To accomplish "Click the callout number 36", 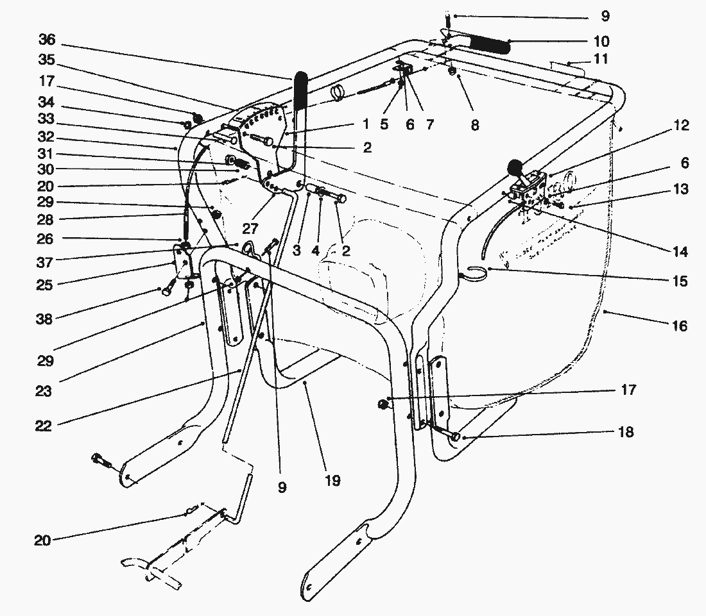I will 47,40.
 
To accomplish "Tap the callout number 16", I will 679,326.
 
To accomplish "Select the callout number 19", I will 332,480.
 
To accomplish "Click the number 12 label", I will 681,126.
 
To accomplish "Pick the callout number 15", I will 680,281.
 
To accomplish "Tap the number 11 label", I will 601,59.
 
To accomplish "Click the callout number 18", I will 626,433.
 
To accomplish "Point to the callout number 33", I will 47,119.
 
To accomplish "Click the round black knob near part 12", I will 515,169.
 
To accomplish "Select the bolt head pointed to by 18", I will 456,437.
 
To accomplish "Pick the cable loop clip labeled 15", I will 475,272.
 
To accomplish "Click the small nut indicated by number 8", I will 452,70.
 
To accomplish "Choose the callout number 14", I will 680,252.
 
